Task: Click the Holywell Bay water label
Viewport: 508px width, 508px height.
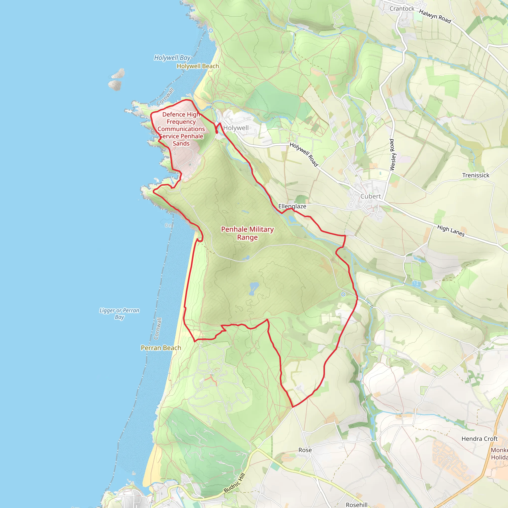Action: click(172, 58)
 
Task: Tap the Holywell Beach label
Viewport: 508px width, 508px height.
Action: click(198, 66)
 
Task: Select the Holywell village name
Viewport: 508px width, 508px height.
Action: click(236, 128)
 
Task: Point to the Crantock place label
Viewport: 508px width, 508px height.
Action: click(402, 9)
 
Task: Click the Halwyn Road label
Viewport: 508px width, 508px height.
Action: click(435, 16)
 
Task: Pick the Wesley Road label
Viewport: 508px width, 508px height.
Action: click(392, 155)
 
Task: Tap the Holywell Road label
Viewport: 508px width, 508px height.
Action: click(304, 154)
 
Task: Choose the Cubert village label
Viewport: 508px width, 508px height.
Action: click(371, 196)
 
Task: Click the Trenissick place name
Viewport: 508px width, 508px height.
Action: click(476, 175)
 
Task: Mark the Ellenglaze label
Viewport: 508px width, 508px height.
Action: click(292, 206)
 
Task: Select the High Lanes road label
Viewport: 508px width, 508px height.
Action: click(451, 231)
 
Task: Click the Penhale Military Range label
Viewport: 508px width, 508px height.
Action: click(247, 233)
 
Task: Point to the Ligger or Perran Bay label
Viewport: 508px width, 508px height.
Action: click(119, 314)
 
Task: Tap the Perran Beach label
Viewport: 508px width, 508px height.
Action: click(161, 348)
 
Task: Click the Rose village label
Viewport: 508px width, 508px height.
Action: click(305, 450)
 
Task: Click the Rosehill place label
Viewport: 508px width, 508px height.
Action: click(356, 505)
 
